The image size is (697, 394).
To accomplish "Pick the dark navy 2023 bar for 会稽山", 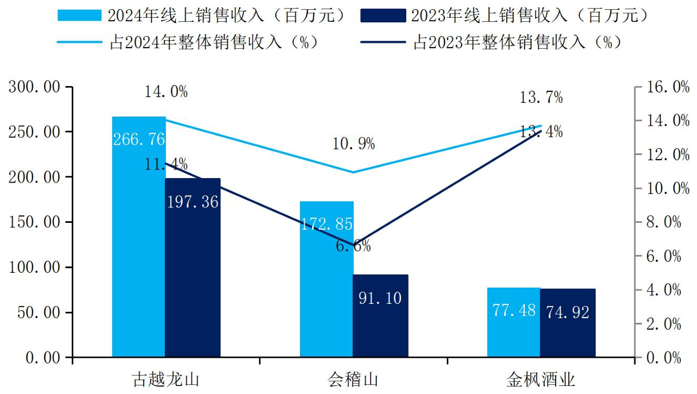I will (x=380, y=316).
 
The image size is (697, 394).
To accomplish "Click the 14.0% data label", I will (x=166, y=92).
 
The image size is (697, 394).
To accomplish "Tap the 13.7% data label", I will (x=541, y=98).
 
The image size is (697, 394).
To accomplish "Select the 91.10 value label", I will (x=380, y=298).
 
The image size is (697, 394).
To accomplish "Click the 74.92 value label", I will (x=568, y=312).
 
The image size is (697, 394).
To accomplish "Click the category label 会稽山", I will (x=353, y=380).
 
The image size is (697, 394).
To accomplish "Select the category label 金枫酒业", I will (x=541, y=380).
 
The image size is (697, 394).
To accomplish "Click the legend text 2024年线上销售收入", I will (x=226, y=16).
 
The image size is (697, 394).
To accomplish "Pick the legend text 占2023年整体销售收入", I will (x=517, y=43).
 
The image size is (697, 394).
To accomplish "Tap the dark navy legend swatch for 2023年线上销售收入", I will (x=383, y=16).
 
